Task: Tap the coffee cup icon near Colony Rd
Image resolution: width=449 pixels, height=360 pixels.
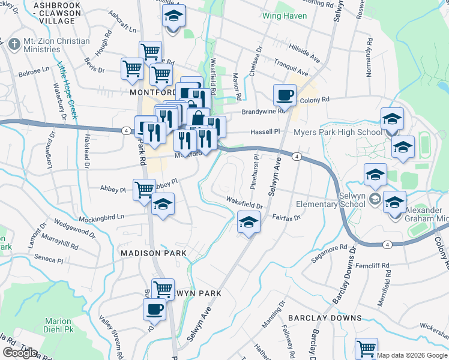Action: pos(285,94)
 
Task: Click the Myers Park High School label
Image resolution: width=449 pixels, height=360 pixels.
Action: pos(337,133)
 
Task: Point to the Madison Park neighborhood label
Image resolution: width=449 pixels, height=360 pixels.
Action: pos(153,253)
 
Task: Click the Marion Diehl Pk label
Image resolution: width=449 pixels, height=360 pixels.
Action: pos(58,325)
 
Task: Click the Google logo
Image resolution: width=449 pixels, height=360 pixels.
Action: pos(20,352)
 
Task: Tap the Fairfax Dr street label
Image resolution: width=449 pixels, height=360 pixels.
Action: pos(286,218)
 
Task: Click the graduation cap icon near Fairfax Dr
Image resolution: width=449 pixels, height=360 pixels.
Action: pos(248,223)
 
